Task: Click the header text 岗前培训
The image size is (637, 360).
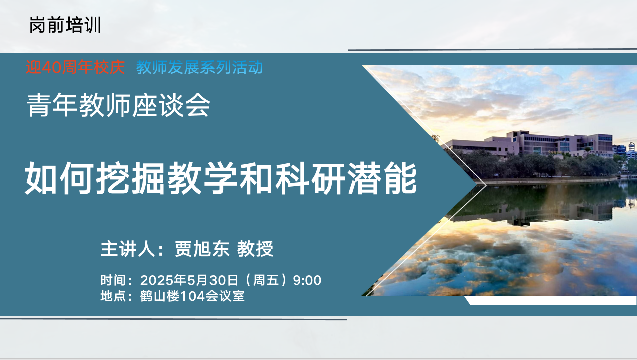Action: pyautogui.click(x=65, y=25)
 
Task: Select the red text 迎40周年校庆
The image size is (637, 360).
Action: pyautogui.click(x=75, y=68)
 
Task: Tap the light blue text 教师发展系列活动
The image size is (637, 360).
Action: pyautogui.click(x=199, y=68)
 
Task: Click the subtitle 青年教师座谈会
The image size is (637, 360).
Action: pyautogui.click(x=118, y=105)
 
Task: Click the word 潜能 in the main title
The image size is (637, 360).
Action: pyautogui.click(x=382, y=178)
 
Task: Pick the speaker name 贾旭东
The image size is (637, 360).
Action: pyautogui.click(x=202, y=249)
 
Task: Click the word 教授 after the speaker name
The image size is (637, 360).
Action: pyautogui.click(x=255, y=249)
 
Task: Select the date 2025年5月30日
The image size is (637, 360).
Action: pyautogui.click(x=189, y=280)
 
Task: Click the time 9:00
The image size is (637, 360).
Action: pyautogui.click(x=307, y=281)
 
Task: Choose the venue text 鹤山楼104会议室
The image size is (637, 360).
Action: pyautogui.click(x=192, y=296)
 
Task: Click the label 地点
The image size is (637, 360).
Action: pyautogui.click(x=113, y=296)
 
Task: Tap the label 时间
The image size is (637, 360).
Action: pyautogui.click(x=113, y=280)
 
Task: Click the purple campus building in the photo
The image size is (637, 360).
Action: pyautogui.click(x=529, y=144)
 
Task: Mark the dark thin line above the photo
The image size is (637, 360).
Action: pyautogui.click(x=493, y=50)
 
